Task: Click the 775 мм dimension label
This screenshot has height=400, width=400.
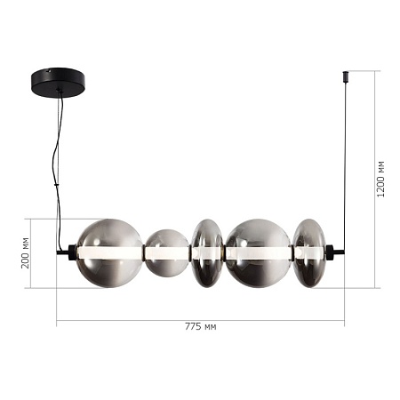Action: click(200, 327)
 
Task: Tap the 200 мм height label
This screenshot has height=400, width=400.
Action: click(26, 252)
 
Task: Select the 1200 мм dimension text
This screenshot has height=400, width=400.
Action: click(380, 179)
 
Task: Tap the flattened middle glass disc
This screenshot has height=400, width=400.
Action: click(208, 253)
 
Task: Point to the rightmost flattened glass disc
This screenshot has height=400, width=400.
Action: click(309, 252)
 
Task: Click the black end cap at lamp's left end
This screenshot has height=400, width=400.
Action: click(68, 252)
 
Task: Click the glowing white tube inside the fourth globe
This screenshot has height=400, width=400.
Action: click(258, 253)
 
